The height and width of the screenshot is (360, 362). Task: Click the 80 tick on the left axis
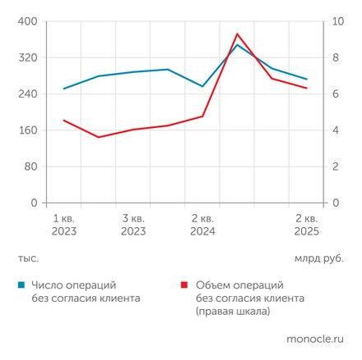click(x=30, y=166)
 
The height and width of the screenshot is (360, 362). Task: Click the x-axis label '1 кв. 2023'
click(x=64, y=226)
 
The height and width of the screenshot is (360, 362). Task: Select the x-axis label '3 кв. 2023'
click(x=133, y=226)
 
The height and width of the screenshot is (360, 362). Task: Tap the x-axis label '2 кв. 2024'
click(x=203, y=226)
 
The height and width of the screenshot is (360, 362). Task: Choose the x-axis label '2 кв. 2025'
click(x=306, y=226)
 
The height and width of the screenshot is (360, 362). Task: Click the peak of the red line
click(x=237, y=34)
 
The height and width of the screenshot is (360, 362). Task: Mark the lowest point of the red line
click(x=99, y=137)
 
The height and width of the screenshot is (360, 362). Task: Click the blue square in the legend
click(x=21, y=285)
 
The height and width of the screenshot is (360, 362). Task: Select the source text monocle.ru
click(x=315, y=338)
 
